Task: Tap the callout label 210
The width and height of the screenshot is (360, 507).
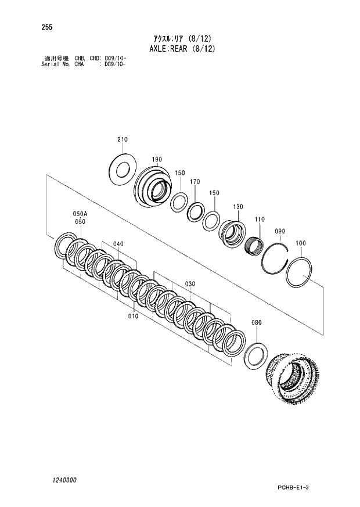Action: point(122,140)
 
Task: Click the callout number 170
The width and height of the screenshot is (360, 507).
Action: point(195,182)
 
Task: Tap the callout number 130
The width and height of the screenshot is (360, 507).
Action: point(238,207)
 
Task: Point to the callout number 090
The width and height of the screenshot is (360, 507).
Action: point(280,231)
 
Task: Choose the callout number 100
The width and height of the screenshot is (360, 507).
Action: point(301,243)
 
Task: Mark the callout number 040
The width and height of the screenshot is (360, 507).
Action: point(118,244)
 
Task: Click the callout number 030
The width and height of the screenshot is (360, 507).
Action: point(190,284)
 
